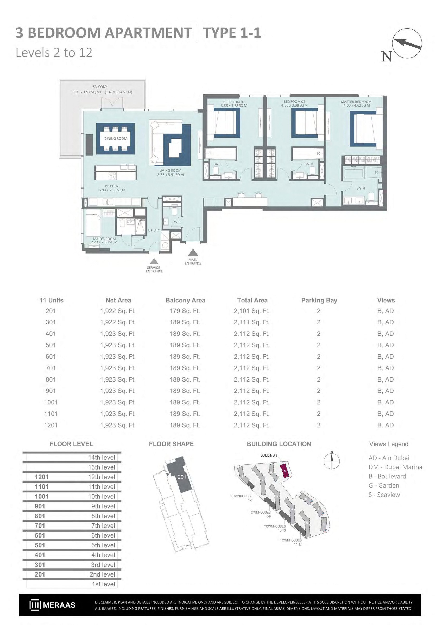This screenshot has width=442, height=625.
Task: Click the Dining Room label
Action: coord(116,138)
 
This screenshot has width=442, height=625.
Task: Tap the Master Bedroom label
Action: coord(356,102)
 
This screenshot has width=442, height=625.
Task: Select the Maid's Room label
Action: coord(104,239)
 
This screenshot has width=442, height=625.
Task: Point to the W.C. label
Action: coord(178,222)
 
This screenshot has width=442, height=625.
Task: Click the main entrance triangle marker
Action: coord(193,253)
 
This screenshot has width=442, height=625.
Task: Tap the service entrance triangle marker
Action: coord(154,261)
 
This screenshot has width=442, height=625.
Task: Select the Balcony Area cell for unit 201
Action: coord(185,311)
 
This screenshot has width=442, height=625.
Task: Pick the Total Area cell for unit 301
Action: coord(252,322)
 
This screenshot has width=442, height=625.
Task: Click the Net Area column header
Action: coord(118,300)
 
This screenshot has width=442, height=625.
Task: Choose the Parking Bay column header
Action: coord(319,300)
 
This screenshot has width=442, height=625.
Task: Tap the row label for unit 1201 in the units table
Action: coord(51,425)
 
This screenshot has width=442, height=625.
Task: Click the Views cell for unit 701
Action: coord(386,368)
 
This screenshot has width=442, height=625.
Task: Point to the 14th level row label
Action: coord(102,458)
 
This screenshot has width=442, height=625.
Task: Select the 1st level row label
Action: coord(103,584)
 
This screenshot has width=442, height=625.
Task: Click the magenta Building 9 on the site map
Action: coord(285,471)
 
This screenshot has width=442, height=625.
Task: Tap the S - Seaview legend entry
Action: coord(384,495)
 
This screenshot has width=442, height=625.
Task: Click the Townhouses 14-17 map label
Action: coord(291,542)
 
